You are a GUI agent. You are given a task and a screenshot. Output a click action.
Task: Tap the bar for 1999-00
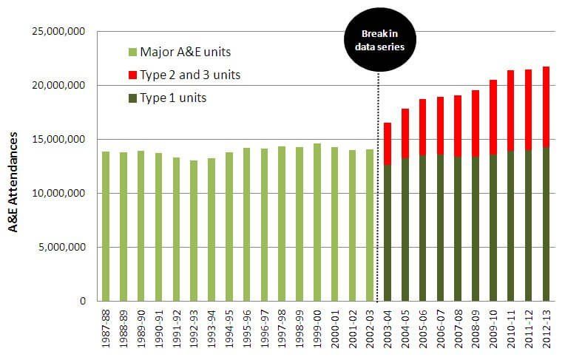(317, 222)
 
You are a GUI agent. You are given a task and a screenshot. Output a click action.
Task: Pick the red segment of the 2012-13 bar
(546, 107)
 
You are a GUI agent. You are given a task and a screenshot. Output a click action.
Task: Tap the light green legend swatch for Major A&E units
(132, 52)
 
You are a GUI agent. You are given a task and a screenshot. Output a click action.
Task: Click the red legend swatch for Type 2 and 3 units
(132, 75)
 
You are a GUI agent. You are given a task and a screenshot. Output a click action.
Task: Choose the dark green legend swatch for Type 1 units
(132, 98)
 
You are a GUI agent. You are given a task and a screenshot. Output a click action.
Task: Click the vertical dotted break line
(379, 185)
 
